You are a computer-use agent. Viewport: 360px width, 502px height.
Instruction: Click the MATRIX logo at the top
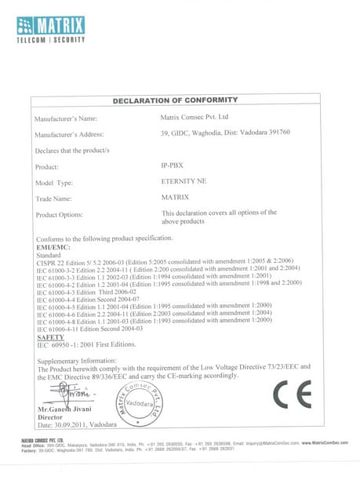(x=51, y=28)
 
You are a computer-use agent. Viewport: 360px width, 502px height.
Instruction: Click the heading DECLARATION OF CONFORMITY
(x=175, y=100)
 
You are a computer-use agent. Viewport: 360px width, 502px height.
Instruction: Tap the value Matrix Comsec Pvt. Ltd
(x=195, y=118)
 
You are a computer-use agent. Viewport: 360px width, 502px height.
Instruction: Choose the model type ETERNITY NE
(x=183, y=182)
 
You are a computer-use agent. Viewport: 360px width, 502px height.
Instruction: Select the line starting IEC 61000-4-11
(x=89, y=329)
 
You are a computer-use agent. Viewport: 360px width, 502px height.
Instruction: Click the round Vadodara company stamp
(x=143, y=402)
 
